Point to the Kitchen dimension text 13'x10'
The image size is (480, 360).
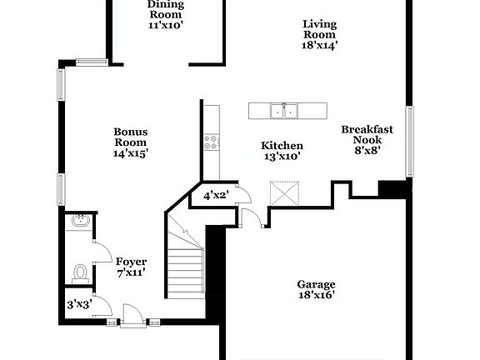282,157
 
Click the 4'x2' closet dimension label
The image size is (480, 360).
216,197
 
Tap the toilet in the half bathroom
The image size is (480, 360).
81,272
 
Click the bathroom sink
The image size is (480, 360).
80,222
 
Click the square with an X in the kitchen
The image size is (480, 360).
287,197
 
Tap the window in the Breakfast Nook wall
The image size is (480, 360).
409,141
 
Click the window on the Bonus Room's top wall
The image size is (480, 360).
91,61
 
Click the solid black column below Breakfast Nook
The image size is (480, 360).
390,188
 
